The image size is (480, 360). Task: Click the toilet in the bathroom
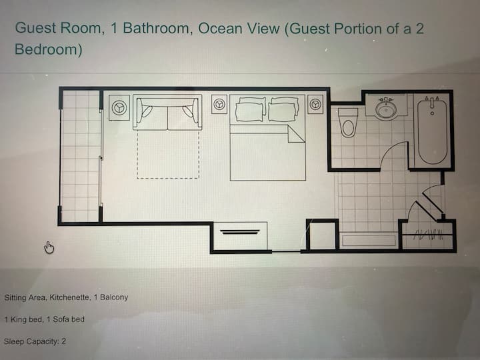coord(348,123)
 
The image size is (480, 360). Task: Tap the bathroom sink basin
coord(386,109)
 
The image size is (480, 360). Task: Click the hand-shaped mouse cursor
coord(49,247)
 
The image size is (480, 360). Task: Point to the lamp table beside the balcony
coord(119,107)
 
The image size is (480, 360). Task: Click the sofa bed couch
coord(167,113)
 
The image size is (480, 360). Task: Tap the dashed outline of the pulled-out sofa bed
coord(168,178)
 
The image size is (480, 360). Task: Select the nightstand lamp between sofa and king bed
coord(219,104)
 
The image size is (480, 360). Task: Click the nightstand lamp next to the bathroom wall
coord(315,104)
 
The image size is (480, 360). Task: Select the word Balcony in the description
coord(114,297)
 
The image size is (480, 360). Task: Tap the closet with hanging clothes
coord(427,235)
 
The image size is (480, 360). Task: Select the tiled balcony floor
coord(81,155)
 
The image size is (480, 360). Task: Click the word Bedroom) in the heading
coord(49,49)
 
